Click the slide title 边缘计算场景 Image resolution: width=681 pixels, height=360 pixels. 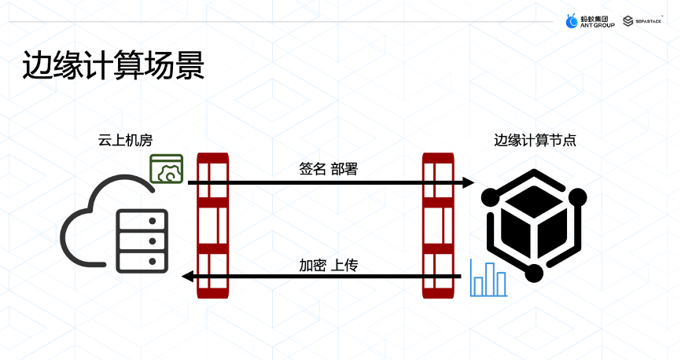[x=113, y=67]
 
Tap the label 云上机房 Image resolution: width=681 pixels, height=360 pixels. [x=124, y=140]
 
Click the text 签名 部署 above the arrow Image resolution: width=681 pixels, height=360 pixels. [x=328, y=168]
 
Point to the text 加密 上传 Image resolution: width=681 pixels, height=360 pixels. [x=328, y=265]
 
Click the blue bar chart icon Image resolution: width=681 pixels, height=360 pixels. [x=488, y=277]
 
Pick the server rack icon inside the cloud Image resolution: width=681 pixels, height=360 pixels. [x=142, y=240]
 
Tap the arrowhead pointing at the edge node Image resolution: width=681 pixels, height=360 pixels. [x=469, y=182]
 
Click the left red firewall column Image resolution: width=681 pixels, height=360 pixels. [x=213, y=226]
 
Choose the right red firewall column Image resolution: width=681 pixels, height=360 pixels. [x=438, y=226]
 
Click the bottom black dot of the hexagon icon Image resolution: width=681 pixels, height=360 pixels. [x=535, y=273]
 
